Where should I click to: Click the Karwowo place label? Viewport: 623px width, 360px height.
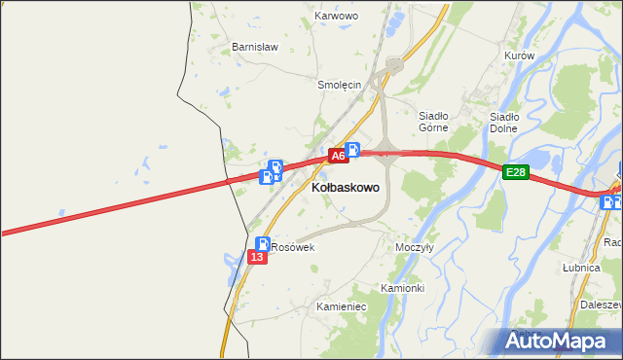(x=337, y=17)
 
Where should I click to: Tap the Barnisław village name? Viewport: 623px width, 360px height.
(x=255, y=47)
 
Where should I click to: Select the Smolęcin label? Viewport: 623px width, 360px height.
(x=340, y=85)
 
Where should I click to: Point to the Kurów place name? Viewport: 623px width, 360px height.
(x=520, y=56)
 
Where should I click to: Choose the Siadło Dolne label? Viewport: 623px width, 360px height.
(x=503, y=123)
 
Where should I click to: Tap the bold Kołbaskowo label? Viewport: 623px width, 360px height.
(x=346, y=186)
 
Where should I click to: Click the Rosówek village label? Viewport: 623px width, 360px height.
(x=293, y=248)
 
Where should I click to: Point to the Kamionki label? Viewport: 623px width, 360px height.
(x=402, y=288)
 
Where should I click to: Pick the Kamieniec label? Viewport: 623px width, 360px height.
(x=341, y=306)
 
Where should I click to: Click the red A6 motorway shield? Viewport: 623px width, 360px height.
(x=337, y=156)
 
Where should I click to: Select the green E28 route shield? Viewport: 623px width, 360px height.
(x=516, y=173)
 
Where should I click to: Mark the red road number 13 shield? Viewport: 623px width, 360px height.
(x=257, y=257)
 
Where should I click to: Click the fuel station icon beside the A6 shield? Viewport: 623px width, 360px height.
(x=353, y=150)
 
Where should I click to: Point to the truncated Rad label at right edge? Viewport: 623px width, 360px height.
(x=612, y=242)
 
